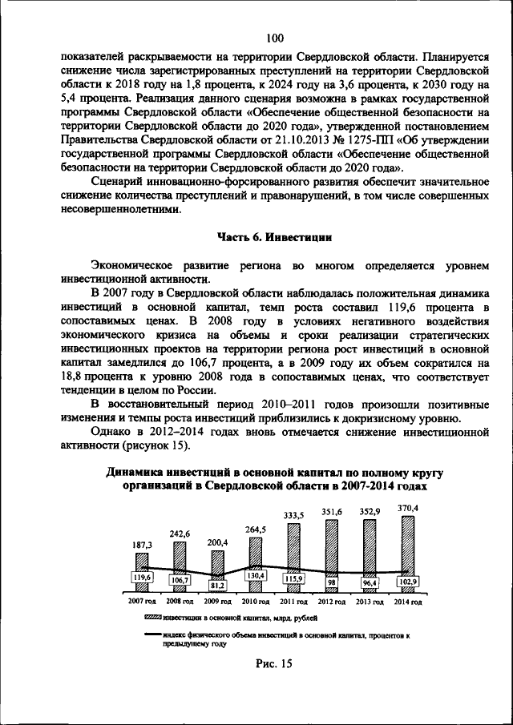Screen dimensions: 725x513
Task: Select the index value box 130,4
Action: [x=256, y=575]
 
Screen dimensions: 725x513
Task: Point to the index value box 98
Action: [x=332, y=582]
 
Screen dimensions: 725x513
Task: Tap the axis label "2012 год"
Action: [x=332, y=601]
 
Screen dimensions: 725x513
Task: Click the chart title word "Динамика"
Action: [x=138, y=473]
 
